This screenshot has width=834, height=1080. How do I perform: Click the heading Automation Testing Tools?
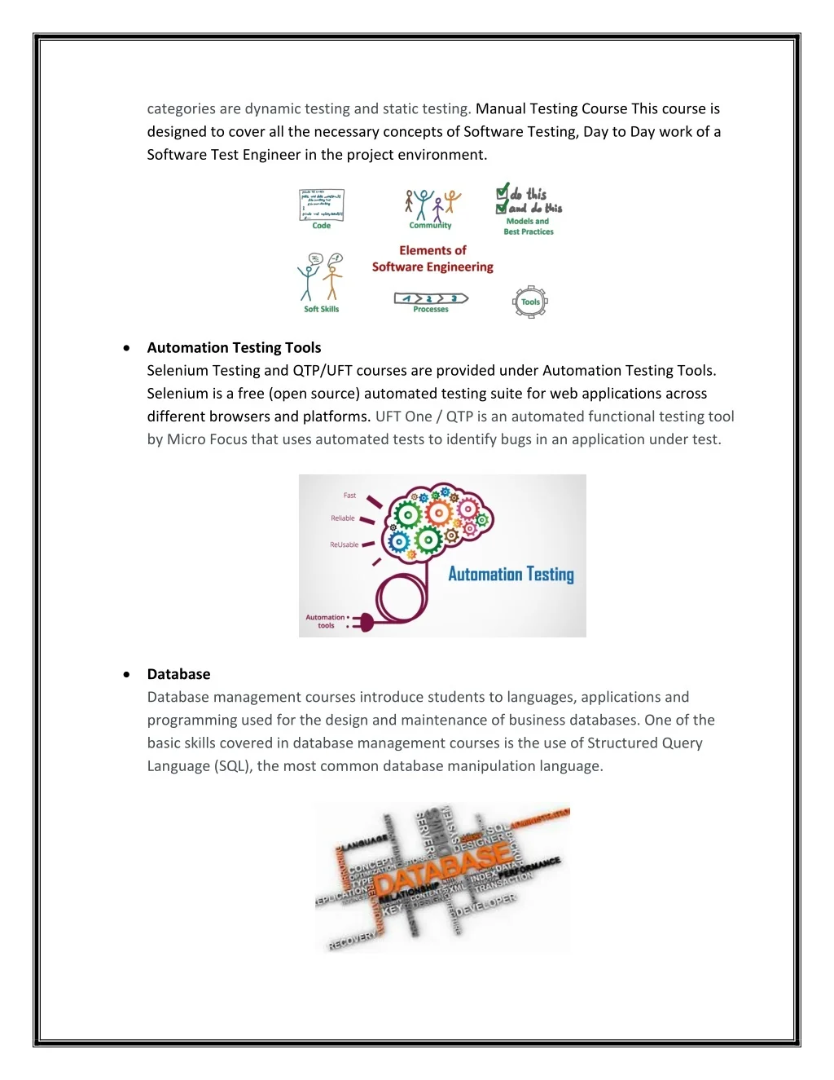234,347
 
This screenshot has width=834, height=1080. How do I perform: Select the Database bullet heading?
178,674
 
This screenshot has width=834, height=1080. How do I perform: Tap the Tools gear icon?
530,302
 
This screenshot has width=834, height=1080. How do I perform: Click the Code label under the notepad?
322,226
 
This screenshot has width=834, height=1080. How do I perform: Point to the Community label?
430,226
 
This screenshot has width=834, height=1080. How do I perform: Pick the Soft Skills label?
321,309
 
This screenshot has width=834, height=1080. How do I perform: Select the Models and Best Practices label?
529,227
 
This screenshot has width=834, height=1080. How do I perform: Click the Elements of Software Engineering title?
432,258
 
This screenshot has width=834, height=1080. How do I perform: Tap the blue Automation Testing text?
511,574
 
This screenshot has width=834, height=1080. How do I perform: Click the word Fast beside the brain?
349,496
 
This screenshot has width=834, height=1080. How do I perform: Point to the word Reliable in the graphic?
343,518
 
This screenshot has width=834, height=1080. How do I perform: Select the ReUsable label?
344,544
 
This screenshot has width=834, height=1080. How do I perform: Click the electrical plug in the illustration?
362,623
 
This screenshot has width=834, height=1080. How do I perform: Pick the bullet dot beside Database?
126,674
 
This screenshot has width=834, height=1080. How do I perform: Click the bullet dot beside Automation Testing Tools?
126,347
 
